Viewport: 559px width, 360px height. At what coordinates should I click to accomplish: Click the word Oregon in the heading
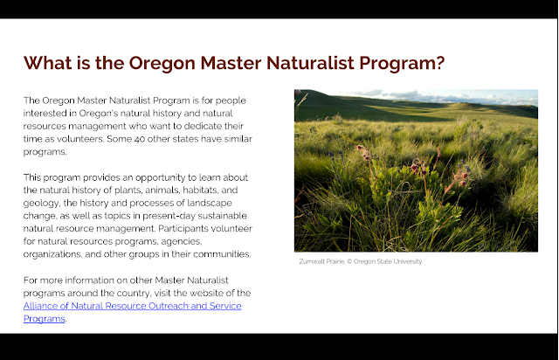(x=162, y=64)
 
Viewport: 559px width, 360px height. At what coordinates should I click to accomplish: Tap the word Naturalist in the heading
(x=310, y=63)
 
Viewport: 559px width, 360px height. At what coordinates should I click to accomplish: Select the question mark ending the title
(x=440, y=63)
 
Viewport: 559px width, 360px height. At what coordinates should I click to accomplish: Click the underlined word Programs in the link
(x=45, y=319)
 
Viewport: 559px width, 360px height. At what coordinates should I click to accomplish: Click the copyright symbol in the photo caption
(x=349, y=261)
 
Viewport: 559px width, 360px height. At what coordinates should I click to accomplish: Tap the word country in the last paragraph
(x=133, y=294)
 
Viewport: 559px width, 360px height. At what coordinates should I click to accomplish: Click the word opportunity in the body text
(x=161, y=177)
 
